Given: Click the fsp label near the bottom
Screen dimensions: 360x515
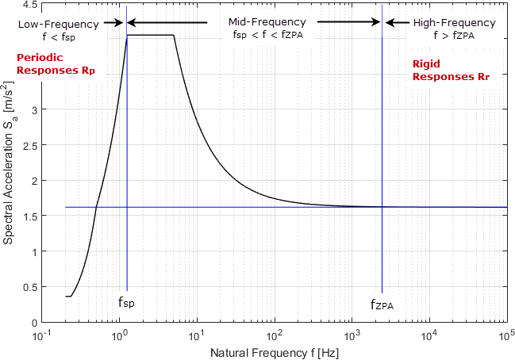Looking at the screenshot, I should click(x=127, y=302).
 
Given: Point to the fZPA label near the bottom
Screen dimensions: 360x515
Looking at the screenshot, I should click(x=382, y=304).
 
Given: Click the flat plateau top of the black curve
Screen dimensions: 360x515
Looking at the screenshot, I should click(x=151, y=35).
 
